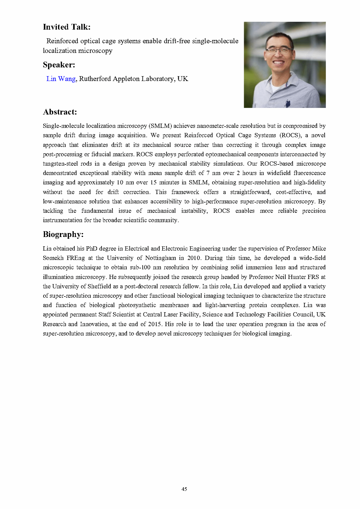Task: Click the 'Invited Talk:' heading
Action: click(67, 27)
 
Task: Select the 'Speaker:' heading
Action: click(59, 65)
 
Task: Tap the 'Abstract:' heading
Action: click(60, 112)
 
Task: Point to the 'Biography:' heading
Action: click(63, 234)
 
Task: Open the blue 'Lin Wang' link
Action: click(61, 79)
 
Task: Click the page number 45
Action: click(184, 489)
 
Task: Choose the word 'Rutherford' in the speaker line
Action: click(95, 79)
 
